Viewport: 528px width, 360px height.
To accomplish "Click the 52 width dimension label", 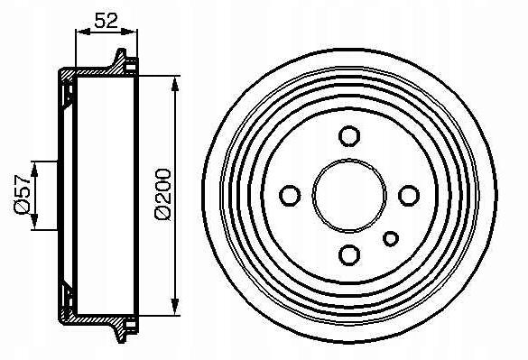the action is [107, 21].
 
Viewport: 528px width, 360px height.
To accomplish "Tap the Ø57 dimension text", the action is [23, 194].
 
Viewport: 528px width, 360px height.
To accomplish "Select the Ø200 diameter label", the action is [163, 194].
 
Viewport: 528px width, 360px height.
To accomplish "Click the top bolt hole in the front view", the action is [349, 136].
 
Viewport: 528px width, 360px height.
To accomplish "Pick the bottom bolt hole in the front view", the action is [349, 255].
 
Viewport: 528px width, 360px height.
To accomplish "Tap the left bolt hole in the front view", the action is [290, 195].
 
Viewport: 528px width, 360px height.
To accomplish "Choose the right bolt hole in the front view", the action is [409, 195].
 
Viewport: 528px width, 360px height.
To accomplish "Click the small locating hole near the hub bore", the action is [391, 239].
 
